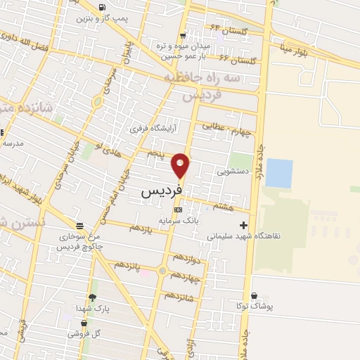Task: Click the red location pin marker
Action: pyautogui.click(x=181, y=165)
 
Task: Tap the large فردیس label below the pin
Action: pyautogui.click(x=162, y=191)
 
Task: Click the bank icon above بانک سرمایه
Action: pyautogui.click(x=178, y=210)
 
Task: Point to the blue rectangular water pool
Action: pyautogui.click(x=279, y=173)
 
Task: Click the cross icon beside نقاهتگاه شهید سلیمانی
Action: pyautogui.click(x=243, y=226)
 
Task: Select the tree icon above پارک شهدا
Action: pyautogui.click(x=92, y=297)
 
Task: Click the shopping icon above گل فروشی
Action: pyautogui.click(x=84, y=323)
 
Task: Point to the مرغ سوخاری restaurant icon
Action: pyautogui.click(x=79, y=226)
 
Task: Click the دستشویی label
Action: pyautogui.click(x=232, y=170)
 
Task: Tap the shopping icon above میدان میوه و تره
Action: pyautogui.click(x=183, y=35)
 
